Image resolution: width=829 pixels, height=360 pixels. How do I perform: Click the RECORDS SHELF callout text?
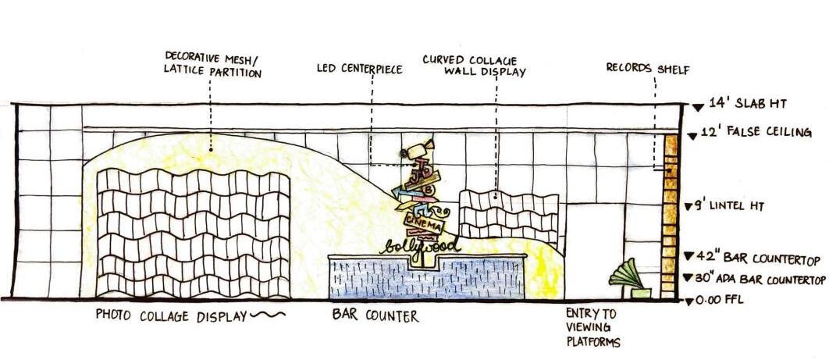tap(647, 69)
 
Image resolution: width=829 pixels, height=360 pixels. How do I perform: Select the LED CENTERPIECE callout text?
tap(359, 69)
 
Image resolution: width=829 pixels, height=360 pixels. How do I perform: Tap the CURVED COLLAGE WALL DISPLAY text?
tap(473, 65)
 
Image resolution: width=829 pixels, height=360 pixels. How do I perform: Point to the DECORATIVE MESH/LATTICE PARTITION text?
tap(212, 64)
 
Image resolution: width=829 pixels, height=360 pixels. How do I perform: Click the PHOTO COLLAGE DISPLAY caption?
tap(171, 315)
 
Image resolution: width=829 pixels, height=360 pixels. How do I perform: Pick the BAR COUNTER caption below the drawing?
tap(375, 316)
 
